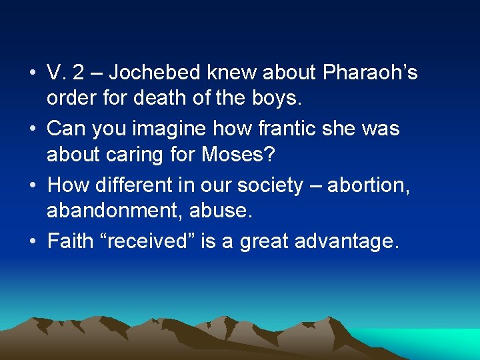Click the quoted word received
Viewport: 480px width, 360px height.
(151, 240)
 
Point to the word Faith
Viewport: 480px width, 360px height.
(69, 240)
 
